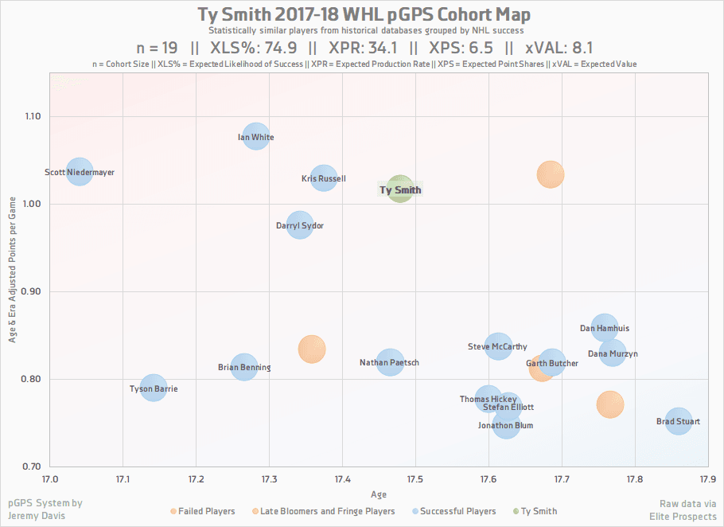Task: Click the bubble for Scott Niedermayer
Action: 79,170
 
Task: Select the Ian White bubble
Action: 255,137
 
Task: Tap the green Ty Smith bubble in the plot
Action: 400,189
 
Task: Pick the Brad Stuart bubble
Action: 678,421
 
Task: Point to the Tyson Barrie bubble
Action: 153,388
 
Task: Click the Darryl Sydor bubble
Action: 299,225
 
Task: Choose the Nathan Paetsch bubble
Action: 390,362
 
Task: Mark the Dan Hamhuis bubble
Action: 605,327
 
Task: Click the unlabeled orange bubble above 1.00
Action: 550,174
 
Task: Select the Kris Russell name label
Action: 324,179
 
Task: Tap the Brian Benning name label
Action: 244,368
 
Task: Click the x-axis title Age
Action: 379,494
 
